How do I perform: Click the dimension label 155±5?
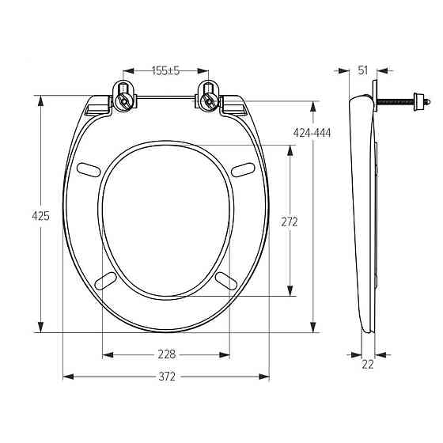tap(166, 70)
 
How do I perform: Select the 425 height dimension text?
tap(40, 216)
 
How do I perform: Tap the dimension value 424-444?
tap(312, 133)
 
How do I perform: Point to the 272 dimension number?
tap(290, 222)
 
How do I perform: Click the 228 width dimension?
tap(167, 354)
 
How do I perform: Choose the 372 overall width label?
tap(167, 377)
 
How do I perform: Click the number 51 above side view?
tap(363, 70)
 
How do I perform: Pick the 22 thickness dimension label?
tap(368, 365)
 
